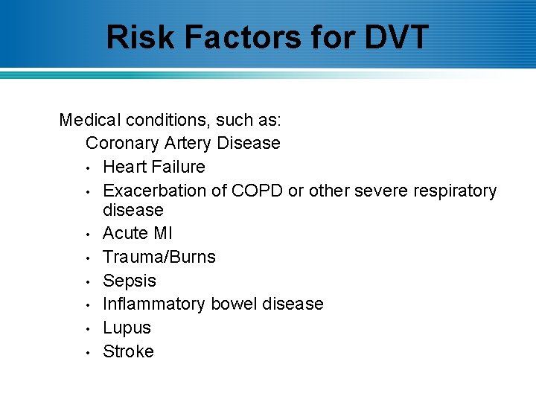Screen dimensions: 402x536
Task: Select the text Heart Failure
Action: [153, 167]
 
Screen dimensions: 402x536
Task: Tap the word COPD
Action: [257, 191]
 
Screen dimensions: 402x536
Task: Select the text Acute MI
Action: [137, 233]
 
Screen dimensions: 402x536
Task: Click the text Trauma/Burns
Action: [159, 257]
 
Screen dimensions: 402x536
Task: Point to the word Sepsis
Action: [130, 281]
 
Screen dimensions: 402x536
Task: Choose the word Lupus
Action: [127, 328]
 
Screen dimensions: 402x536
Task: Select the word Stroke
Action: [128, 351]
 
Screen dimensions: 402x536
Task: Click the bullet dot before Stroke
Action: [88, 352]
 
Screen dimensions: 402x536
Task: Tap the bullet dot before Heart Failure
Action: [88, 167]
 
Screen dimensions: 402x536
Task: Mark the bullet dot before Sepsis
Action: [88, 281]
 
